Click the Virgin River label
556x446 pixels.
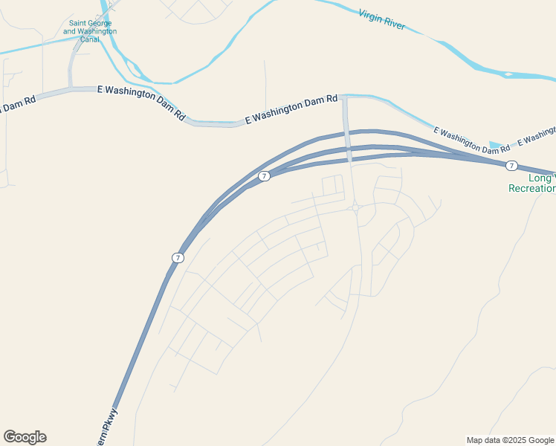(381, 19)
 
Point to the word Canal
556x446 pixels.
(90, 39)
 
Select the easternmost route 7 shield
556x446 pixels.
(511, 165)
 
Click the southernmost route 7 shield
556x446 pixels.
(177, 257)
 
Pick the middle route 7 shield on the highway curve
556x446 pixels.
(264, 176)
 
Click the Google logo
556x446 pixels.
(25, 437)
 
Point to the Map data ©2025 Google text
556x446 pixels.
(510, 440)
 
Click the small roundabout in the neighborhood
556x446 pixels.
(356, 208)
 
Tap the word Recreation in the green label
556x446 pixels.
(532, 189)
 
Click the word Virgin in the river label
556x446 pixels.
(369, 16)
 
